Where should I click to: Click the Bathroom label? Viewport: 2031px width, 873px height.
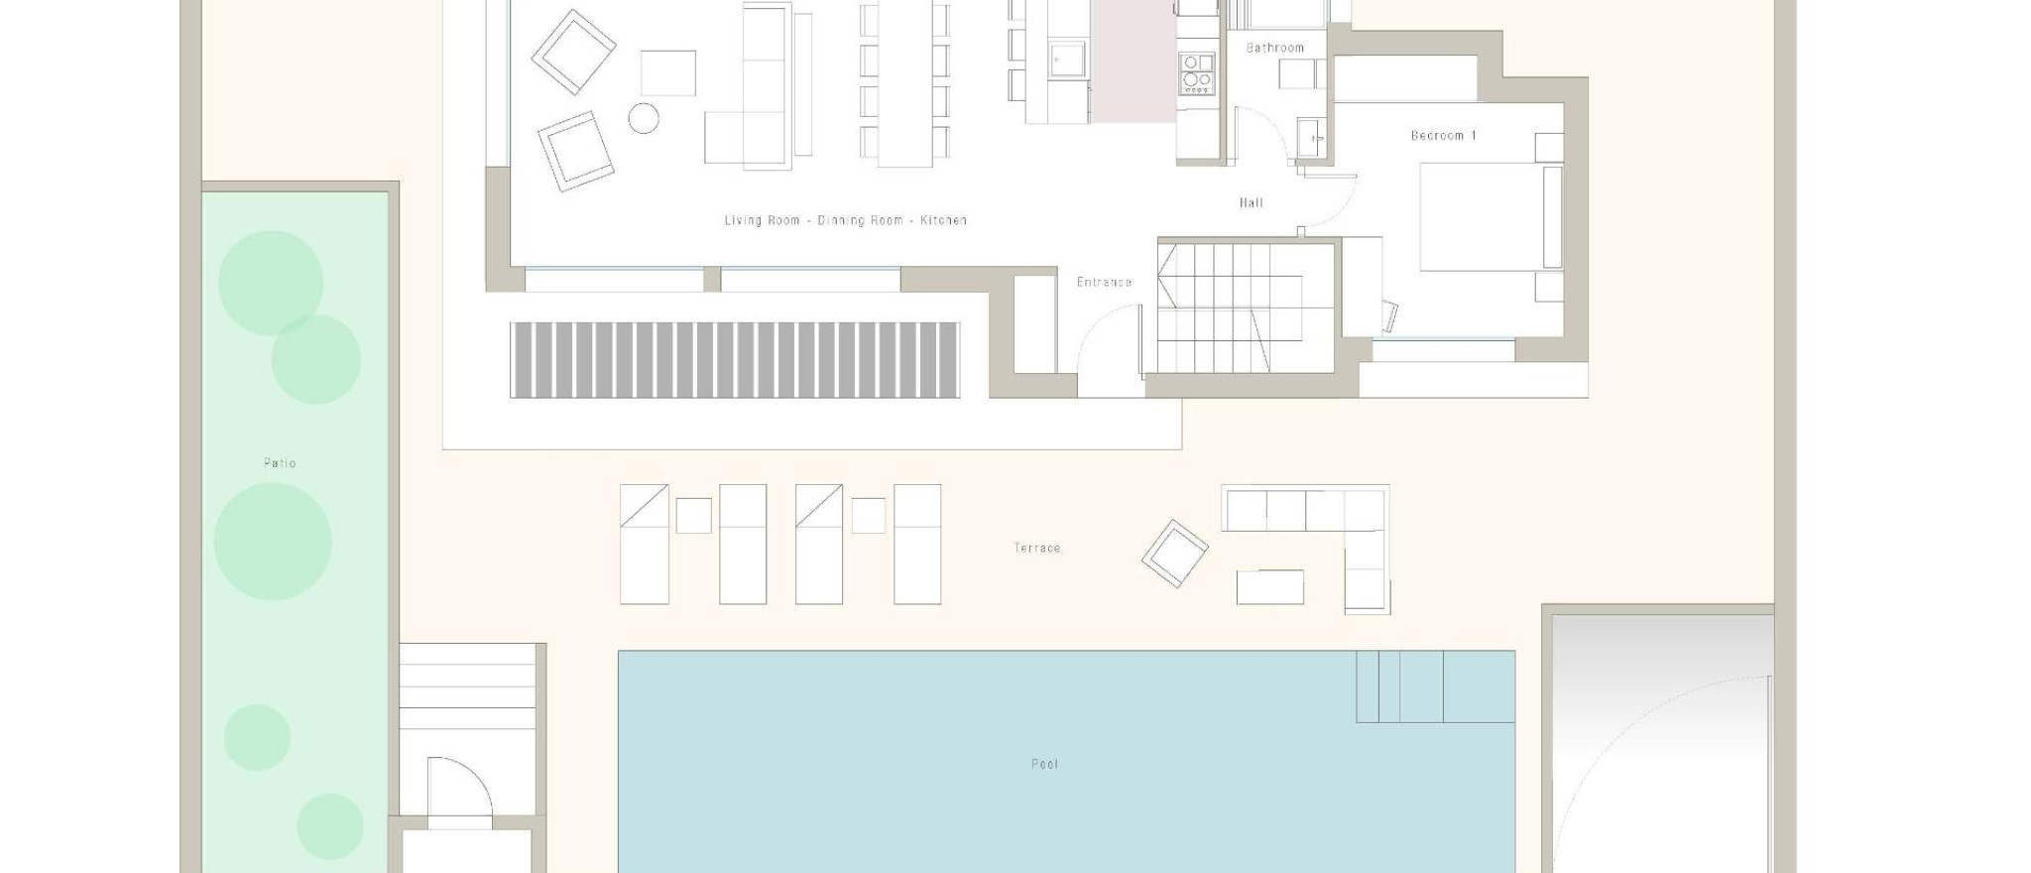1274,48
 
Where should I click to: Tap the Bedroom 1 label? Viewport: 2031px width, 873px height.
1443,135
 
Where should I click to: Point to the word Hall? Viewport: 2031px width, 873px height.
1251,202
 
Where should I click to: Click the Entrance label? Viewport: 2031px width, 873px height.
1104,282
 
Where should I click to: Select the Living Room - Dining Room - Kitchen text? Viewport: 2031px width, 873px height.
845,220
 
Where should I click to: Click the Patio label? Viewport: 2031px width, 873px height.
280,462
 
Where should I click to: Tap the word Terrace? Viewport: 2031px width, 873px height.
1036,548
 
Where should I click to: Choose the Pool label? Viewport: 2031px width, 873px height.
1044,764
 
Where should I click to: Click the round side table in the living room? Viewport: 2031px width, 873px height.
644,118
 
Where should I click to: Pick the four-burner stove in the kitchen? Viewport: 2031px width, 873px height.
1196,73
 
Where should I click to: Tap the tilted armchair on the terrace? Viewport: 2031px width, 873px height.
1174,553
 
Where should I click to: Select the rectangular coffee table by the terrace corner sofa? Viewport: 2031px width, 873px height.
1269,586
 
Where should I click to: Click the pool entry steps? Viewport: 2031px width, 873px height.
1435,686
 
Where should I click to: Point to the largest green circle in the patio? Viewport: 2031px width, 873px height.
273,542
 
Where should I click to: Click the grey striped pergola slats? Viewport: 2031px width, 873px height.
734,359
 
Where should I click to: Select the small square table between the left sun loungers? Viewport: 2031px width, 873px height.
693,515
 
